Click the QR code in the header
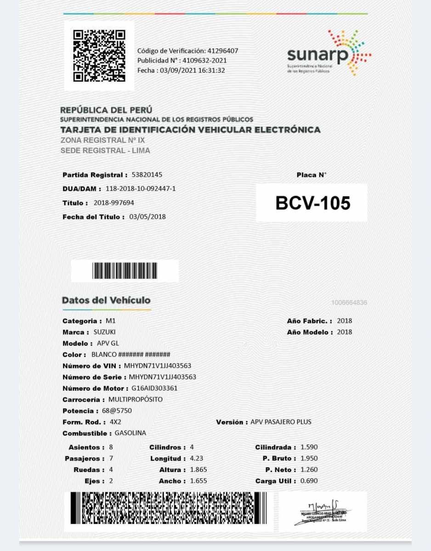[x=99, y=55]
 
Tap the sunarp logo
[x=328, y=53]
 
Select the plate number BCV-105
[x=312, y=203]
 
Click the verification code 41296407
[x=223, y=51]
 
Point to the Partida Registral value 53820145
[x=147, y=175]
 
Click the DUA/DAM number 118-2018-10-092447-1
[x=141, y=189]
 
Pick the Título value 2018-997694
[x=114, y=202]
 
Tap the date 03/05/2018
[x=147, y=217]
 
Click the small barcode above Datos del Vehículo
[x=125, y=270]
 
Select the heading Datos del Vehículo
[x=106, y=300]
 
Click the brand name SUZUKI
[x=105, y=332]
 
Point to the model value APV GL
[x=108, y=343]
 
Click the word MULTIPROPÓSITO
[x=135, y=399]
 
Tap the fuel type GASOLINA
[x=130, y=433]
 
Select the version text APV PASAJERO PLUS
[x=281, y=422]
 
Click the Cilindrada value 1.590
[x=309, y=447]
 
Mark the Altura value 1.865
[x=198, y=470]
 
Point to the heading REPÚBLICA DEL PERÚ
[x=106, y=110]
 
